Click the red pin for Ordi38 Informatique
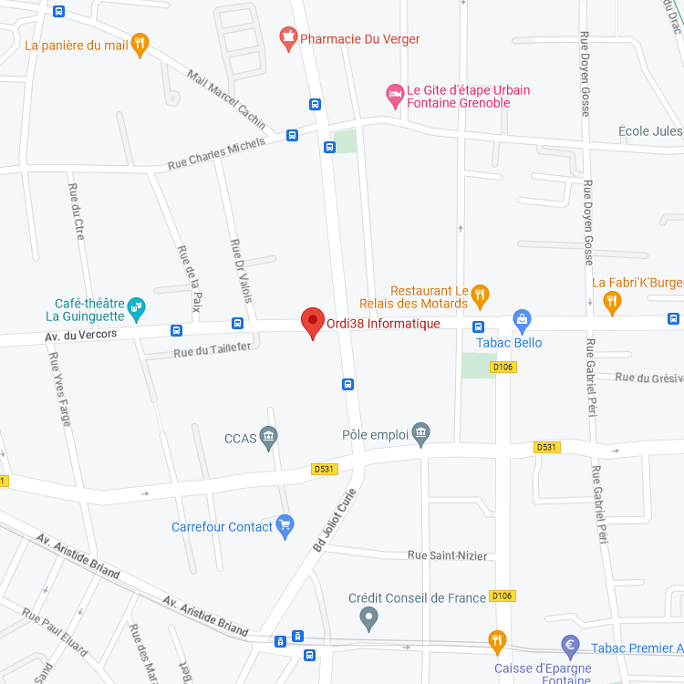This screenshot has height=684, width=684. (313, 322)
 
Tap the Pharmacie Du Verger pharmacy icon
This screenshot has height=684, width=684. (288, 39)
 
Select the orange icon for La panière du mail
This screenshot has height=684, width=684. (140, 44)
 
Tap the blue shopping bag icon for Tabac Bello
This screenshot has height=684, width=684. (522, 319)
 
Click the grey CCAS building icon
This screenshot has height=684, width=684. (268, 438)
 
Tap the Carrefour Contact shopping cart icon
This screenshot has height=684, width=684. (285, 526)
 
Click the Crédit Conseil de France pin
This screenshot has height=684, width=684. (368, 619)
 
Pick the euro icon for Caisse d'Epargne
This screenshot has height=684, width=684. (570, 647)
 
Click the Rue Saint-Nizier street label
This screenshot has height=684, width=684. (447, 555)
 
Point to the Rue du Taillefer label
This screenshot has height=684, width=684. (211, 350)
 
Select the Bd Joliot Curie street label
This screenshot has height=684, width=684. (334, 521)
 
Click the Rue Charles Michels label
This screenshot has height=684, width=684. (216, 154)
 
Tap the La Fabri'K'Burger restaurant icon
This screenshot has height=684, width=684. (613, 302)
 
